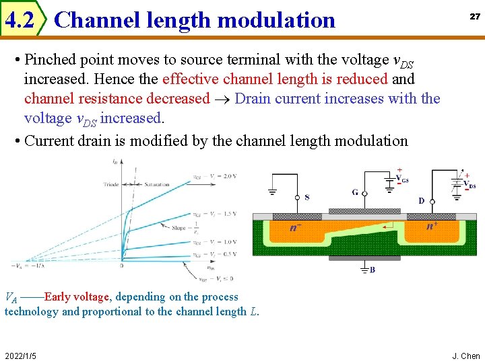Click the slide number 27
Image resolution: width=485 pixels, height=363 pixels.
tap(475, 16)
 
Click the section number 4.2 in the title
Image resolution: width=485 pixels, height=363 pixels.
tap(19, 21)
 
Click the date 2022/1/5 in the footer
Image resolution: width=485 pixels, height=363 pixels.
tap(20, 356)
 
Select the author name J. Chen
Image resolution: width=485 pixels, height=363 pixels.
tap(465, 356)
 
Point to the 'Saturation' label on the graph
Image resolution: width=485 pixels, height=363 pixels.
tap(157, 184)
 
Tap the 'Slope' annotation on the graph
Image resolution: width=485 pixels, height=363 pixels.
tap(179, 228)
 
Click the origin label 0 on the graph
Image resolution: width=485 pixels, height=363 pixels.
tap(122, 266)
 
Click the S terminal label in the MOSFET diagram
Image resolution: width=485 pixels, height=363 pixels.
tap(307, 198)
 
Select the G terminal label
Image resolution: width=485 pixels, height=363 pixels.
tap(355, 192)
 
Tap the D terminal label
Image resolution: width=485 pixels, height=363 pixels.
tap(422, 200)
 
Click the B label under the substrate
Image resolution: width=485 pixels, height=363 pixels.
tap(373, 270)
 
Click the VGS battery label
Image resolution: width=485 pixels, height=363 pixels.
tap(403, 179)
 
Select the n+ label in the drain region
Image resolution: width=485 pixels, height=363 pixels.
tap(432, 226)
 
